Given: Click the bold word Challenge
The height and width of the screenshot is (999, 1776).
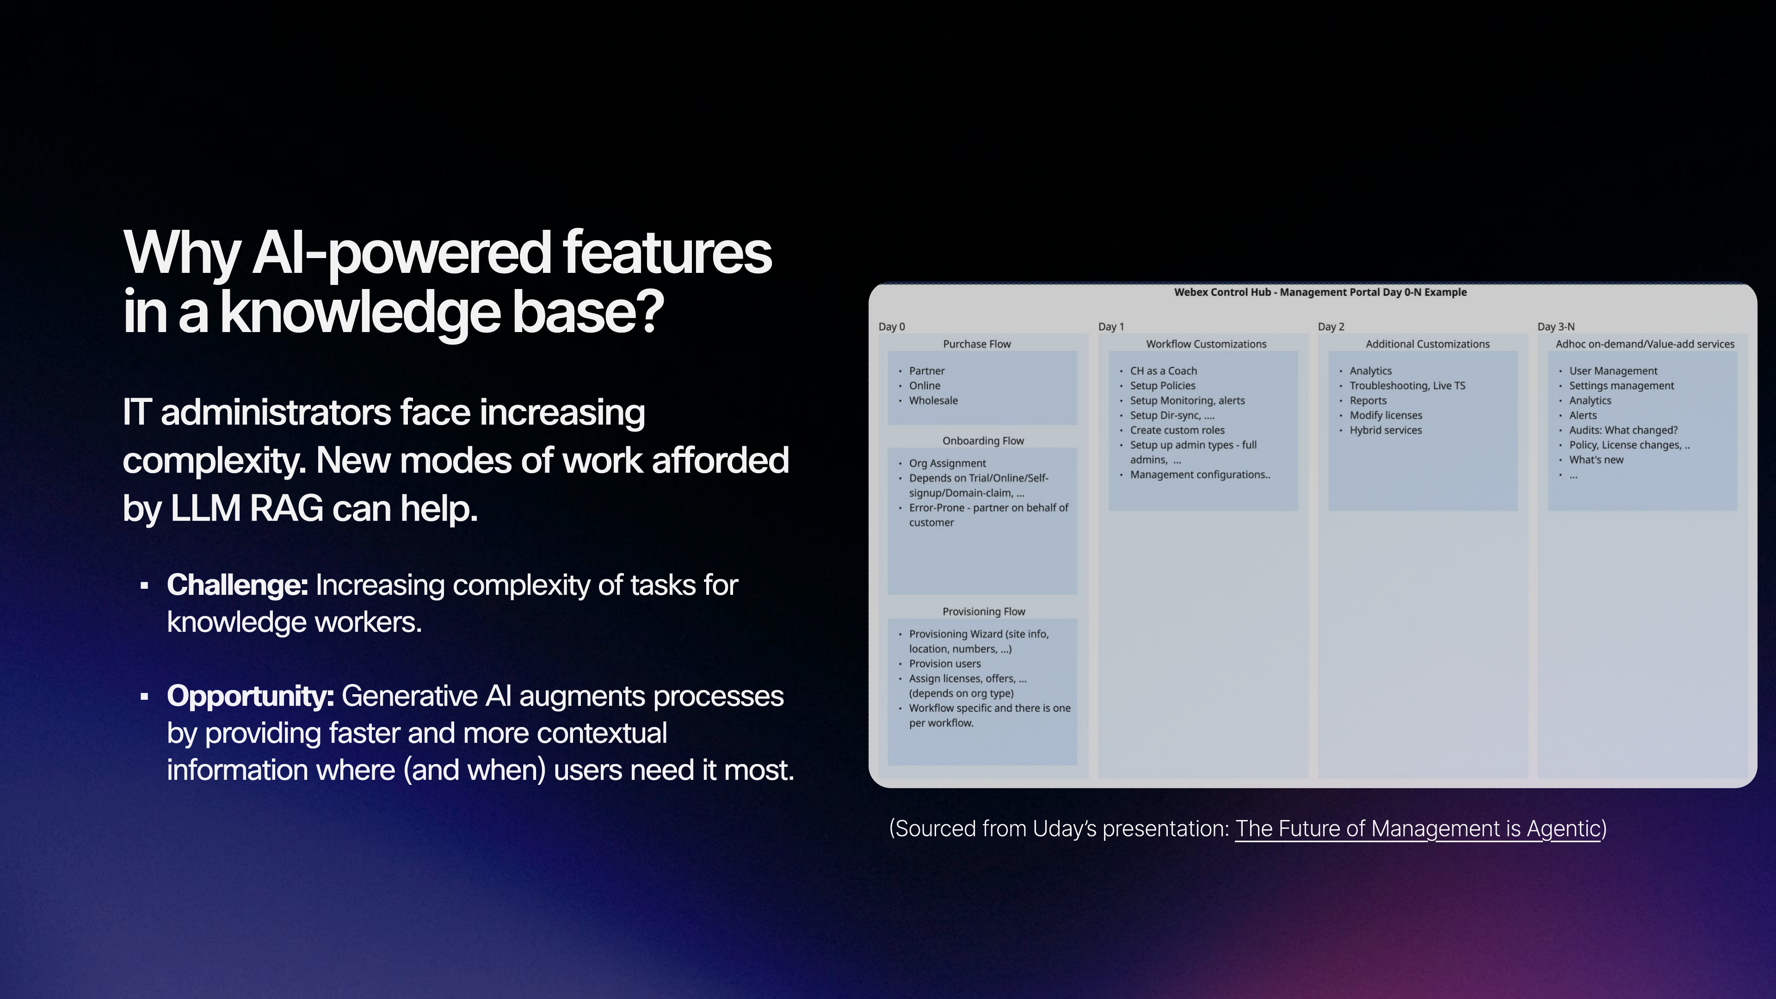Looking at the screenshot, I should [236, 586].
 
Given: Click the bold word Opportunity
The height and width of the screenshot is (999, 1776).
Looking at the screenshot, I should [250, 697].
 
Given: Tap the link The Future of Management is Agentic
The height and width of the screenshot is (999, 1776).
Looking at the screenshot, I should [1417, 829].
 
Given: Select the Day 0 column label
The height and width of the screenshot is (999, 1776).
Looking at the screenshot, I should [891, 327].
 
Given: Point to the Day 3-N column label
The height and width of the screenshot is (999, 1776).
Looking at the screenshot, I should [1555, 327].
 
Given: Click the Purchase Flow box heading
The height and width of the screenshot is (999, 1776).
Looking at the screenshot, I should [976, 344].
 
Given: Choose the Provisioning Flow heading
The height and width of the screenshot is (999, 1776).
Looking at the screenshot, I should [983, 611].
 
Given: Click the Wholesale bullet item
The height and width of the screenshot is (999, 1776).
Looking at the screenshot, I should [933, 401].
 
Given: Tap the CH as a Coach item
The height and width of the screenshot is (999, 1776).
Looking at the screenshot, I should [1163, 371].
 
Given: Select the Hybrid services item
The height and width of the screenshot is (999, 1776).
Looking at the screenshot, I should [1385, 430].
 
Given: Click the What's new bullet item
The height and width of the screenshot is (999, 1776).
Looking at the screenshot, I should [1596, 460].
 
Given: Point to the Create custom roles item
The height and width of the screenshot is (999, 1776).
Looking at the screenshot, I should [1177, 430].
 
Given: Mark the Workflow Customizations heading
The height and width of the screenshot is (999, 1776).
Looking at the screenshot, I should [1206, 344].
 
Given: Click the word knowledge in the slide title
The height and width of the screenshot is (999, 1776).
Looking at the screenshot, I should [360, 313].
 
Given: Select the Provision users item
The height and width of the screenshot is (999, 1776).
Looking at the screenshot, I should [944, 664].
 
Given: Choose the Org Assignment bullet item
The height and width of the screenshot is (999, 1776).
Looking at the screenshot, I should [947, 463].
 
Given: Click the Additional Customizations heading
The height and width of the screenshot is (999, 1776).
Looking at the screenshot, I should [1427, 344].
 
